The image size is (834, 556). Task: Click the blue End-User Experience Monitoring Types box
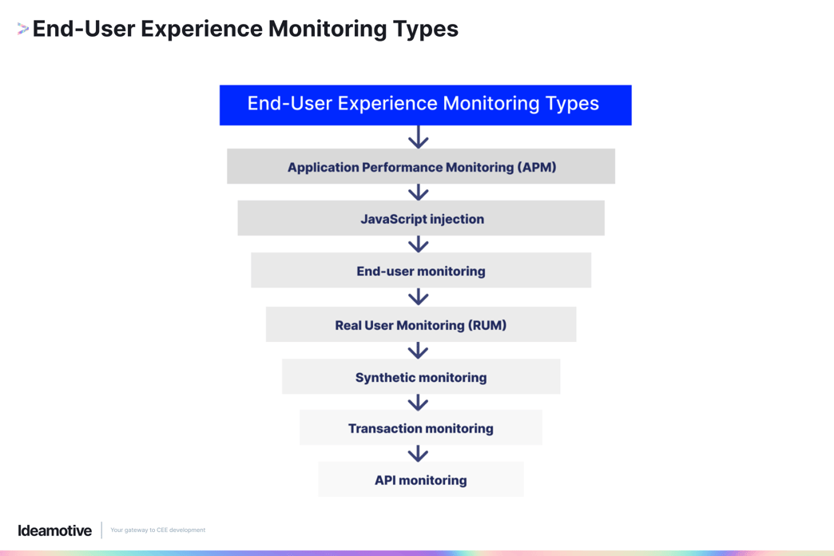[425, 105]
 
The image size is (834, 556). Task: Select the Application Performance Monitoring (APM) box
[421, 166]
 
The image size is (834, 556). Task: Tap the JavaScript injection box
[421, 218]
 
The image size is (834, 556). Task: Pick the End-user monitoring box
[421, 271]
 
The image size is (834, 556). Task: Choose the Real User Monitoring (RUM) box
[421, 324]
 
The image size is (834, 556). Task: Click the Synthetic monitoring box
[421, 377]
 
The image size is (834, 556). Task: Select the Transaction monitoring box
[421, 428]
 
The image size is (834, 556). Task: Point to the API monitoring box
[421, 479]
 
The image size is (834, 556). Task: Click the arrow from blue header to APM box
[419, 137]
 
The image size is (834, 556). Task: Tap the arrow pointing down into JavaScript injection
[419, 192]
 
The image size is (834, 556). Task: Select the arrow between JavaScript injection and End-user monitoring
[419, 244]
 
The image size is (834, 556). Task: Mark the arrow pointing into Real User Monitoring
[419, 296]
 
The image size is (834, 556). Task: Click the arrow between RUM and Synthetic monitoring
[419, 350]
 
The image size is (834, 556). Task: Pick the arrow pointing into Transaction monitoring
[419, 402]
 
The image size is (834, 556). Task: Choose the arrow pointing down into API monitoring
[419, 453]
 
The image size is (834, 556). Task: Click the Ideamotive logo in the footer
[55, 530]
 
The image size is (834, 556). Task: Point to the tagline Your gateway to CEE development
[157, 530]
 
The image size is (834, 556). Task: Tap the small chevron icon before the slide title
[22, 30]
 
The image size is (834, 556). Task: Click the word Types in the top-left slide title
[425, 29]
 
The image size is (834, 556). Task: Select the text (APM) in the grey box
[536, 167]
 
